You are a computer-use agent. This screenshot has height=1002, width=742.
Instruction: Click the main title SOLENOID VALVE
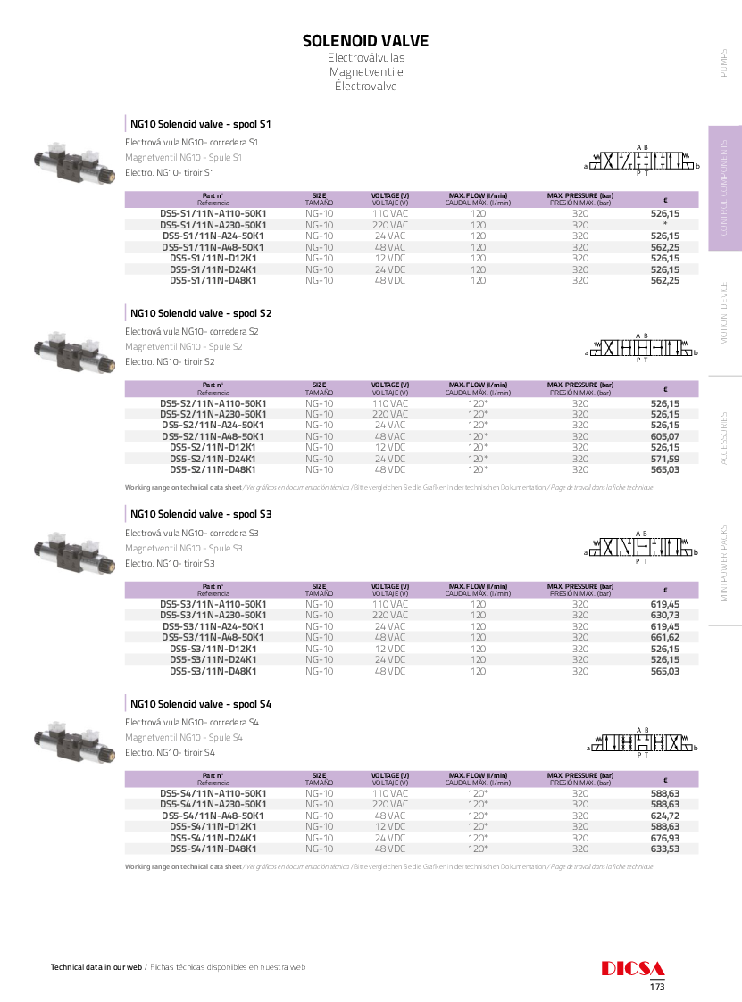[x=365, y=41]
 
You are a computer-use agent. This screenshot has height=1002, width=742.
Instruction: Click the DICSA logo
[x=633, y=969]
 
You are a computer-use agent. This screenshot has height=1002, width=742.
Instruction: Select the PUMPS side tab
[x=724, y=62]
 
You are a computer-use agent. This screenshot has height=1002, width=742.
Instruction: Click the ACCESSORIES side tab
[x=724, y=437]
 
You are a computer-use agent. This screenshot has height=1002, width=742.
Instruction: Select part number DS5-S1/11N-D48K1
[x=213, y=280]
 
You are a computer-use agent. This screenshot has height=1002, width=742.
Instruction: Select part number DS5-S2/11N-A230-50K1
[x=213, y=414]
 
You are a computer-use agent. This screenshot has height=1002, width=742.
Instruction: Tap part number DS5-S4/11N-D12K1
[x=213, y=826]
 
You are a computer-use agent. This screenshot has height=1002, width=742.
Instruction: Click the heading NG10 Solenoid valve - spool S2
[x=201, y=313]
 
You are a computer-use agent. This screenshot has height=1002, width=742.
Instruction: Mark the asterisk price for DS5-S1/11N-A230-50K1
[x=665, y=225]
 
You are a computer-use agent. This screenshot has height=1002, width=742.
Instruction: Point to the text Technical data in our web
[x=96, y=967]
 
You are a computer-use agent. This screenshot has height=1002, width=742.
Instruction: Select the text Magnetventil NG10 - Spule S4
[x=184, y=737]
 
